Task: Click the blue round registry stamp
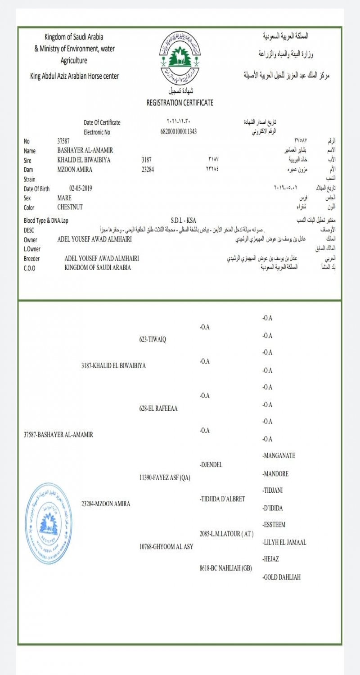tap(49, 523)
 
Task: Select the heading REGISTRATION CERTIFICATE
tap(180, 103)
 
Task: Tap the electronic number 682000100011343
tap(179, 132)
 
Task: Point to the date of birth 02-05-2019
tap(83, 189)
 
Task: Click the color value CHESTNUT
tap(70, 207)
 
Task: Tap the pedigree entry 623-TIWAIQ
tap(153, 340)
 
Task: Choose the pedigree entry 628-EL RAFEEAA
tap(158, 409)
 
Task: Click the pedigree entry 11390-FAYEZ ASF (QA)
tap(165, 478)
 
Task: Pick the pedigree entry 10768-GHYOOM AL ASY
tap(166, 547)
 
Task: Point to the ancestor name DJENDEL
tap(211, 464)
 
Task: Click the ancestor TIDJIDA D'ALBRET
tap(222, 499)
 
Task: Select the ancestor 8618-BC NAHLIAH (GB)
tap(225, 568)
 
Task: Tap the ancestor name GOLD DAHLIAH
tap(282, 577)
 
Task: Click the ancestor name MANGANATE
tap(279, 456)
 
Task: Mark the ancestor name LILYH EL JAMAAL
tap(284, 543)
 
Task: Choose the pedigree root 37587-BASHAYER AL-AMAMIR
tap(58, 435)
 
